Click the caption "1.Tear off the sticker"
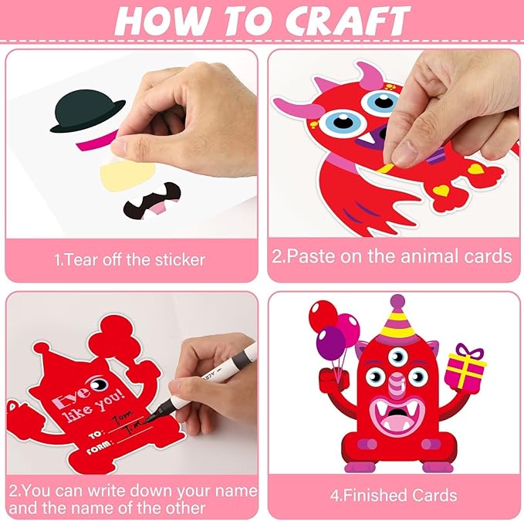pyautogui.click(x=130, y=259)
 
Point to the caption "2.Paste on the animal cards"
pyautogui.click(x=392, y=255)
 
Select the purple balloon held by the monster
pyautogui.click(x=331, y=342)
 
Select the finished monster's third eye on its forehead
pyautogui.click(x=397, y=350)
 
